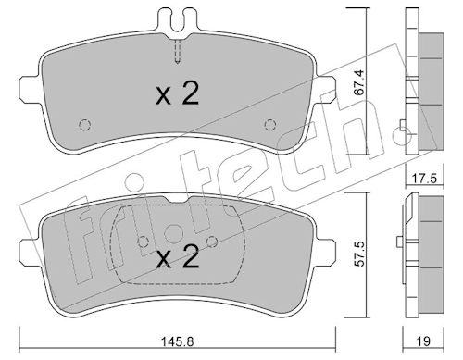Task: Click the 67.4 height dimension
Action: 360,82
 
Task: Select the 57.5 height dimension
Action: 360,254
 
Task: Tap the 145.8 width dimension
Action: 177,341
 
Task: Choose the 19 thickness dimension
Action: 424,341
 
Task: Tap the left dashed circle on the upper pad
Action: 85,125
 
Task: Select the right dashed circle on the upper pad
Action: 270,125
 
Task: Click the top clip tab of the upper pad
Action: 178,20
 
